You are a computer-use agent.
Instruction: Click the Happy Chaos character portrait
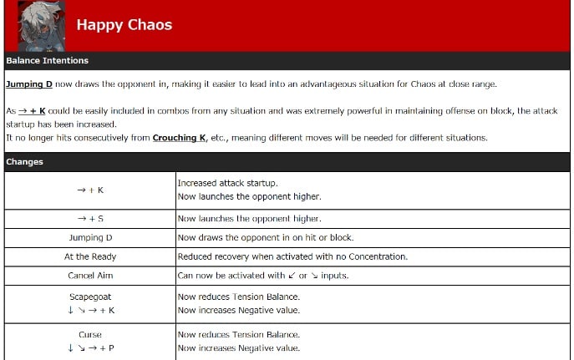41,26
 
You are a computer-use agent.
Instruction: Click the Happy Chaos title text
124,25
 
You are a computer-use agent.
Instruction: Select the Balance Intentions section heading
47,61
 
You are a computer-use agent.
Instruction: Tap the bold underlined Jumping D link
29,84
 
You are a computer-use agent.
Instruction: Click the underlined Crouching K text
180,138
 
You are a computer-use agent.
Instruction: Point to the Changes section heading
26,161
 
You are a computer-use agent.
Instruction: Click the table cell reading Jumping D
90,238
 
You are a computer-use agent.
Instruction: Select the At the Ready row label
90,256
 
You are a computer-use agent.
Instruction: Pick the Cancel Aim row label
90,275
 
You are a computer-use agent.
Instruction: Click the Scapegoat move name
90,297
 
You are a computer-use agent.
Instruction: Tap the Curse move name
90,335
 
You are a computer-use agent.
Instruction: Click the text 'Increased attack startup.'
227,183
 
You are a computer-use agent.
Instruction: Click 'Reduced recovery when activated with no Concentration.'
292,256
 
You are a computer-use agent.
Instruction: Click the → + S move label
90,219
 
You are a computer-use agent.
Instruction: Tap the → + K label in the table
90,190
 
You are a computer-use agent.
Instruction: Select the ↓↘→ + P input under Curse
90,348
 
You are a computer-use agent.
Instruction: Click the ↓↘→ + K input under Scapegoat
90,310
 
